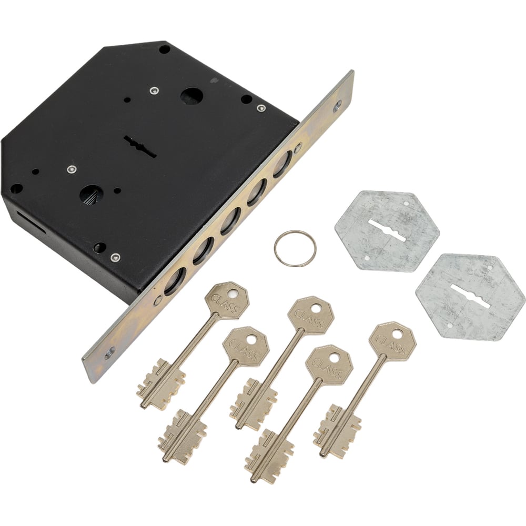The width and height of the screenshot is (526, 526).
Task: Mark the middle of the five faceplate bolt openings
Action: coord(230,222)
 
